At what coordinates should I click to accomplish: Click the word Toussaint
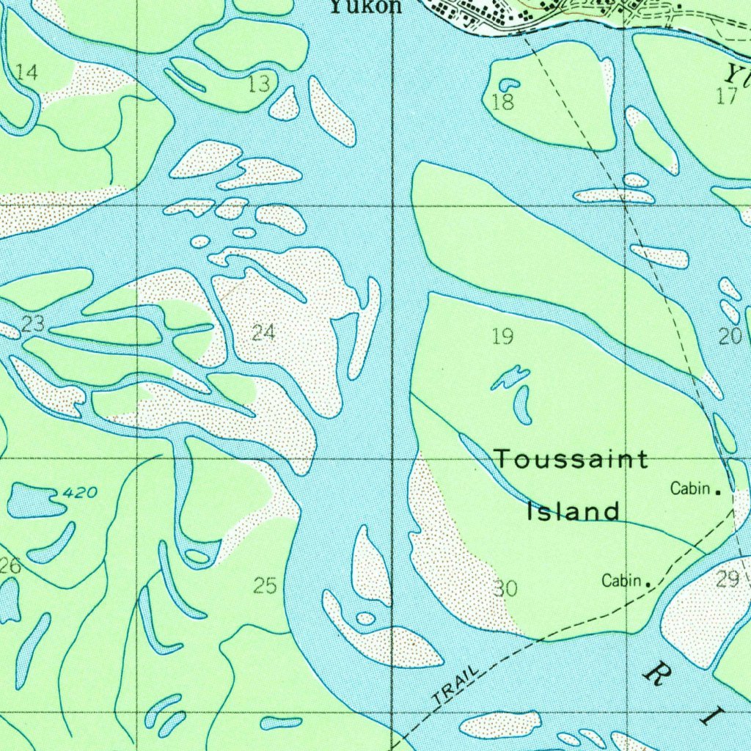click(x=571, y=460)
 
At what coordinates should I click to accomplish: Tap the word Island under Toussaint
click(x=574, y=511)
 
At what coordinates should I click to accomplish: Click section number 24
click(x=263, y=333)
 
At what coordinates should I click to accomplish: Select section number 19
click(x=502, y=337)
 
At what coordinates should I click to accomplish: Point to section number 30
click(x=505, y=588)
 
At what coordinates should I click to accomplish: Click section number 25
click(x=265, y=585)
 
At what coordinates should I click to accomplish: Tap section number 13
click(x=259, y=84)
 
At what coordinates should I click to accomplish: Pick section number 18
click(x=503, y=103)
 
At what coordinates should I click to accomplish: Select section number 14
click(x=26, y=72)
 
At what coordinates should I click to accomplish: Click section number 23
click(x=33, y=323)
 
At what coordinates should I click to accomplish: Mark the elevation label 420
click(x=79, y=493)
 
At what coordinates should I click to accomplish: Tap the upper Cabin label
click(x=690, y=488)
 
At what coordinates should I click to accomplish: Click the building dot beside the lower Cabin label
click(x=648, y=585)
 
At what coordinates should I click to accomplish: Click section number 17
click(x=727, y=96)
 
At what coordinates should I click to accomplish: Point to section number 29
click(x=728, y=579)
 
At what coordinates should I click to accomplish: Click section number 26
click(x=10, y=565)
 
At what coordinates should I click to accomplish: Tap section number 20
click(x=730, y=337)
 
